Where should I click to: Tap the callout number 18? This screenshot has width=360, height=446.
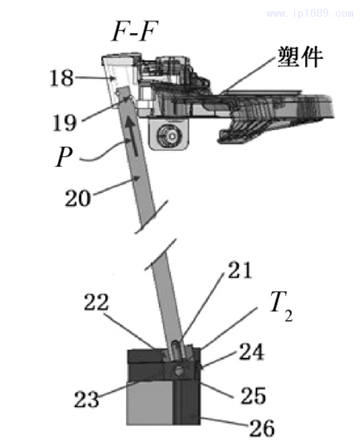click(x=63, y=78)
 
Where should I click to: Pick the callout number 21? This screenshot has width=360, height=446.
click(x=241, y=270)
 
